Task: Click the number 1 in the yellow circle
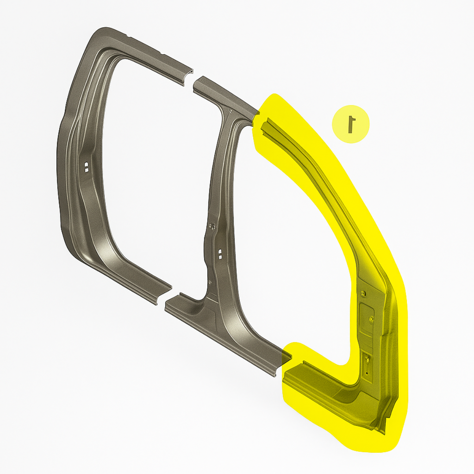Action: point(351,124)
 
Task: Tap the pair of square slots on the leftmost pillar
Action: point(87,167)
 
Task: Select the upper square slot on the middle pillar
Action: point(220,251)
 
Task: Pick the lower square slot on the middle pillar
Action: point(220,257)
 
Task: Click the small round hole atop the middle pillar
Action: point(231,111)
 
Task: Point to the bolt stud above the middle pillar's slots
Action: point(212,226)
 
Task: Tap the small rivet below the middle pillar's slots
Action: point(210,282)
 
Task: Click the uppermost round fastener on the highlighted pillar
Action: point(363,293)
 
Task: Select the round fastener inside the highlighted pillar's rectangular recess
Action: point(371,318)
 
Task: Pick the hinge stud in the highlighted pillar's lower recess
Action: point(367,359)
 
